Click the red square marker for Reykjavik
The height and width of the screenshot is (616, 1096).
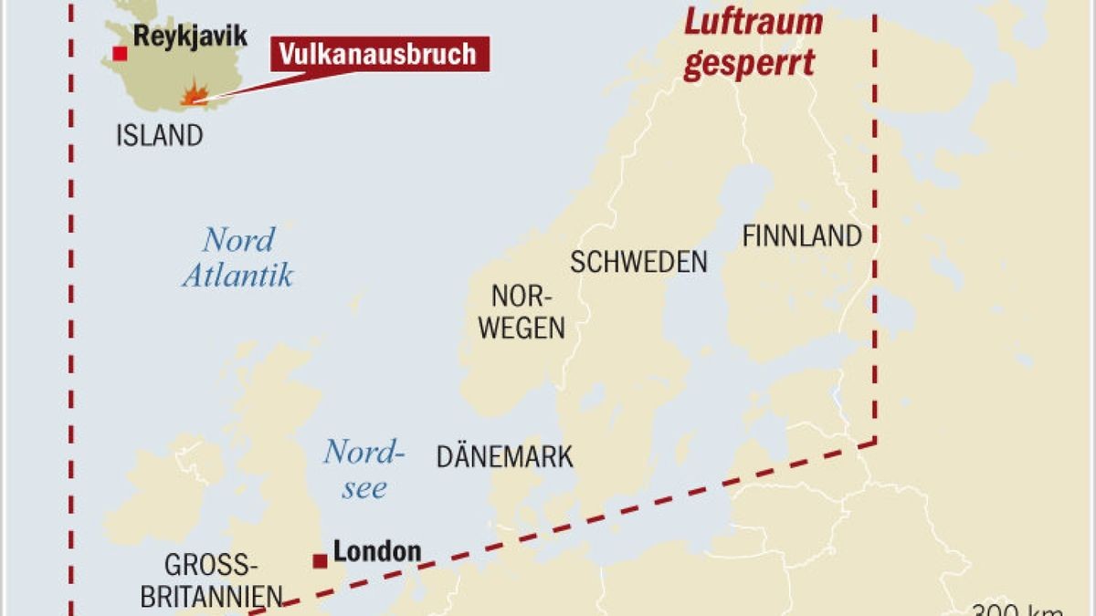pos(120,53)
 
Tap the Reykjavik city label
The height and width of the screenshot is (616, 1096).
pos(190,37)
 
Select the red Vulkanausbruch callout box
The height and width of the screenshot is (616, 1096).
pos(378,54)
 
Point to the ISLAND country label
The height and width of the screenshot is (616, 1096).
pos(159,136)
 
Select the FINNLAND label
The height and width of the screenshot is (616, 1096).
pos(802,236)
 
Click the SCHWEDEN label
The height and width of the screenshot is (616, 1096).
pos(638,262)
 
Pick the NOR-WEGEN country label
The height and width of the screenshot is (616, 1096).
pos(522,312)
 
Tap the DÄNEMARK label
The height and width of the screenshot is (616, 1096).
pos(504,456)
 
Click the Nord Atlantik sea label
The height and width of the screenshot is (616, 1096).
pos(237,257)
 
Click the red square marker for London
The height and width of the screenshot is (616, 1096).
pos(320,560)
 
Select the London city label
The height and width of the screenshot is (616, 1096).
pos(377,551)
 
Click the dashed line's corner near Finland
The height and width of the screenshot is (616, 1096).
pos(876,442)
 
